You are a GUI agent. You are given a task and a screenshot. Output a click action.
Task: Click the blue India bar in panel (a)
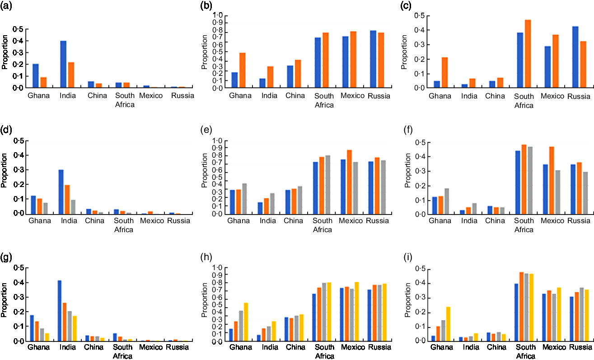tap(63, 64)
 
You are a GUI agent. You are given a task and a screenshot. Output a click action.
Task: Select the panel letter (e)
tap(208, 131)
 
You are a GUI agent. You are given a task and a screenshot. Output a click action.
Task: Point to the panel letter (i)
tap(410, 258)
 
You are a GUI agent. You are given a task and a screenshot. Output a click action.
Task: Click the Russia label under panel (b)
tap(378, 96)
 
